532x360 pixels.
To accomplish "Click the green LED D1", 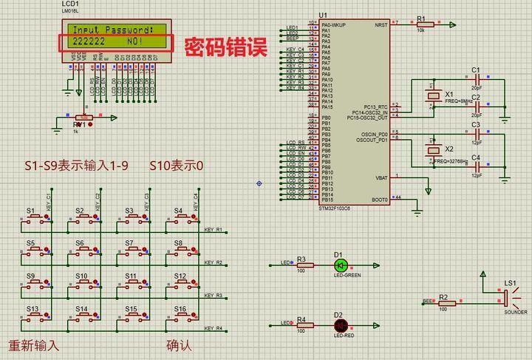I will pyautogui.click(x=341, y=265).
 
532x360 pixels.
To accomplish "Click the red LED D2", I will pyautogui.click(x=341, y=325).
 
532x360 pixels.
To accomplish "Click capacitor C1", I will pyautogui.click(x=477, y=78).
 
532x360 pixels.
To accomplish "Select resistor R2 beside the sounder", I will pyautogui.click(x=443, y=302).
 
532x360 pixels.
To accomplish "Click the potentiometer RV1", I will pyautogui.click(x=83, y=118).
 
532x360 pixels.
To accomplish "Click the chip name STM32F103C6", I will pyautogui.click(x=335, y=208).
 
